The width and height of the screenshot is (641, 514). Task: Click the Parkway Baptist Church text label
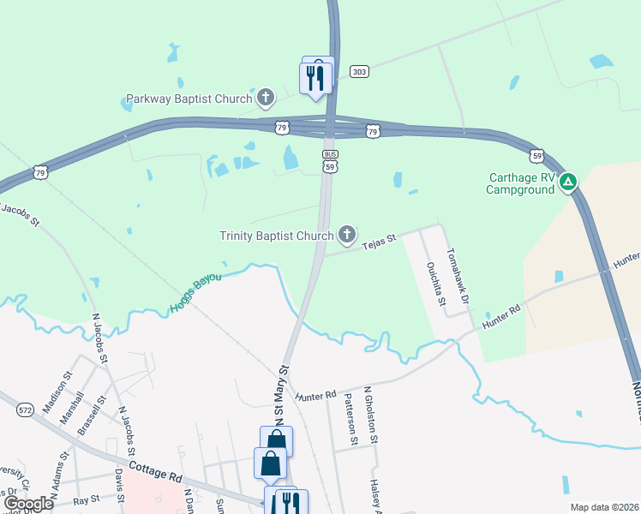pyautogui.click(x=189, y=99)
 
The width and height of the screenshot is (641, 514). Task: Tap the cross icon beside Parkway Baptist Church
pyautogui.click(x=266, y=97)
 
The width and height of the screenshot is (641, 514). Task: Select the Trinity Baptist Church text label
pyautogui.click(x=276, y=236)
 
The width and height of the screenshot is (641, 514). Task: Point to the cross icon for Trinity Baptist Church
pyautogui.click(x=347, y=233)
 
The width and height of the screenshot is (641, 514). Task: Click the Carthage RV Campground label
pyautogui.click(x=522, y=183)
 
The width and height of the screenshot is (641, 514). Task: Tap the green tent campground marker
pyautogui.click(x=569, y=182)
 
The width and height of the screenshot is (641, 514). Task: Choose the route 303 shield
pyautogui.click(x=359, y=72)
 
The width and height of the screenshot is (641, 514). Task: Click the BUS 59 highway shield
pyautogui.click(x=330, y=161)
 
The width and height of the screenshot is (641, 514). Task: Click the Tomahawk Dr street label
pyautogui.click(x=457, y=276)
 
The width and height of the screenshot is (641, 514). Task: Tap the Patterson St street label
pyautogui.click(x=350, y=419)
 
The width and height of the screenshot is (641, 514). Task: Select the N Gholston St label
pyautogui.click(x=371, y=415)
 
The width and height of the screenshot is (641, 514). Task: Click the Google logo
pyautogui.click(x=28, y=503)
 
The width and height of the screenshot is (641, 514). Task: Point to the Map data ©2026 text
pyautogui.click(x=603, y=507)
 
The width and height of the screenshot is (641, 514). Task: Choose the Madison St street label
pyautogui.click(x=63, y=391)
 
